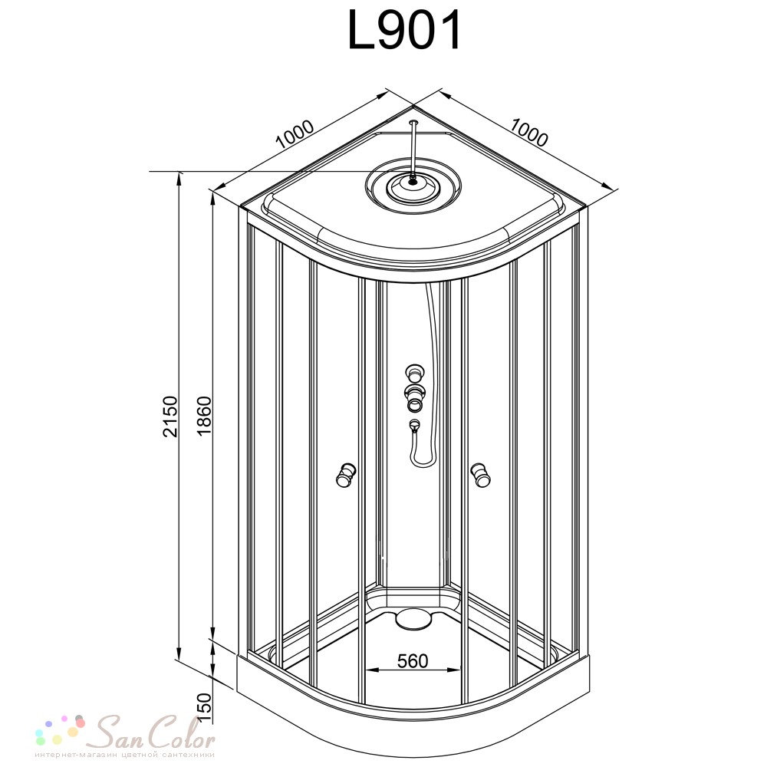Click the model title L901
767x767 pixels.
tap(404, 31)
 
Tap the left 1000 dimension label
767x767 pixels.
tap(295, 134)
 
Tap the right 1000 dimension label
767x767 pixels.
tap(529, 132)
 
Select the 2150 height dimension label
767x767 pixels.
tap(170, 416)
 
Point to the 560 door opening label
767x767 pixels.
tap(413, 661)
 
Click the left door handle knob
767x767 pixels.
tap(346, 474)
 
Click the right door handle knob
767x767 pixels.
tap(480, 475)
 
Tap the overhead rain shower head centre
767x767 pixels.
tap(413, 186)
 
